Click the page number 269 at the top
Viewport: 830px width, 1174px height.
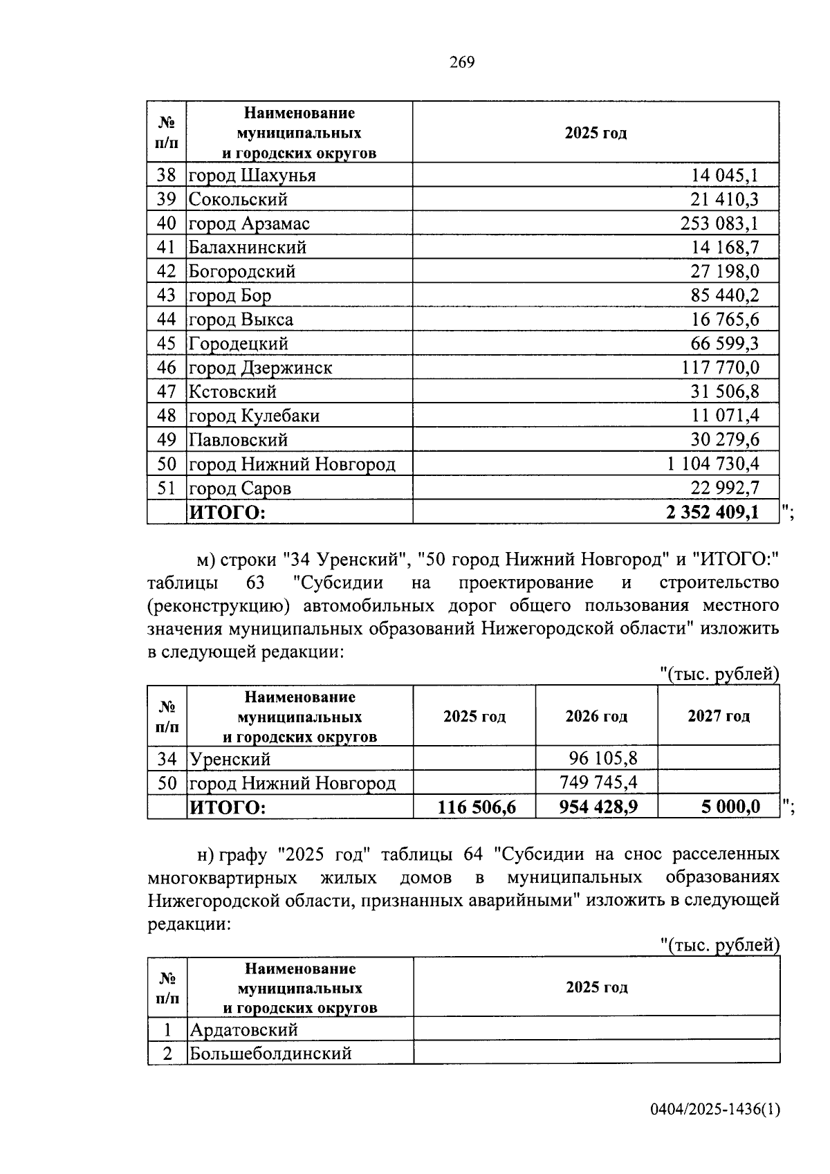coord(462,62)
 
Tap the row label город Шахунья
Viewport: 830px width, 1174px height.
coord(252,176)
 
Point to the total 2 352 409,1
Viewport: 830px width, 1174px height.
coord(712,513)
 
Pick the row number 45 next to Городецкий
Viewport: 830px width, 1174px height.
coord(167,344)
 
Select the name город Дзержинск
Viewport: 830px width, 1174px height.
coord(260,367)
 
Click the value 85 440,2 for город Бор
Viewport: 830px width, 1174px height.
coord(724,295)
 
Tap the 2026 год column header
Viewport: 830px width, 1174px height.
coord(596,716)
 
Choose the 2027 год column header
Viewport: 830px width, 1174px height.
coord(719,716)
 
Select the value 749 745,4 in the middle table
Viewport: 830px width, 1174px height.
coord(598,782)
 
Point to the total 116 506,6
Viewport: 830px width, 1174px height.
coord(477,807)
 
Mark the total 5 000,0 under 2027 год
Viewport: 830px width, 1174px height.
coord(730,807)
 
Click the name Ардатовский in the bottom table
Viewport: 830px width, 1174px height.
coord(243,1029)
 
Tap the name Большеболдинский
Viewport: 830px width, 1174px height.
coord(270,1053)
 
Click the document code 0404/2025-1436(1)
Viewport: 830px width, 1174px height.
coord(715,1110)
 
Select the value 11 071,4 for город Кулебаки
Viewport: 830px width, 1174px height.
coord(724,416)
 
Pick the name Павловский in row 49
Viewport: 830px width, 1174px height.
coord(239,440)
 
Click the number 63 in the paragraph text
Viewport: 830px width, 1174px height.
coord(255,583)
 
